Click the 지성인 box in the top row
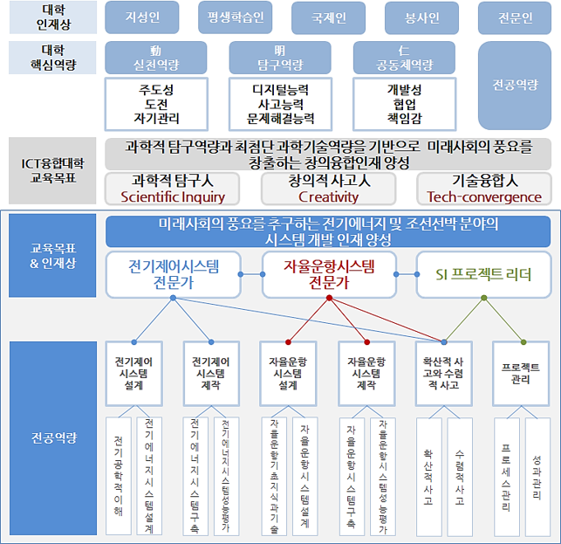click(x=141, y=17)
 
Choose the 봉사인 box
click(x=422, y=17)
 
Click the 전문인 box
click(x=515, y=17)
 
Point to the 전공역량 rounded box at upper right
click(x=515, y=85)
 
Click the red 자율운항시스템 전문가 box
click(x=329, y=274)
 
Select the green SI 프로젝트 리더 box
click(x=485, y=274)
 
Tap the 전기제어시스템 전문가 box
click(x=173, y=274)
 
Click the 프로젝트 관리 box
click(x=521, y=373)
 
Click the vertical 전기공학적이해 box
click(x=119, y=475)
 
